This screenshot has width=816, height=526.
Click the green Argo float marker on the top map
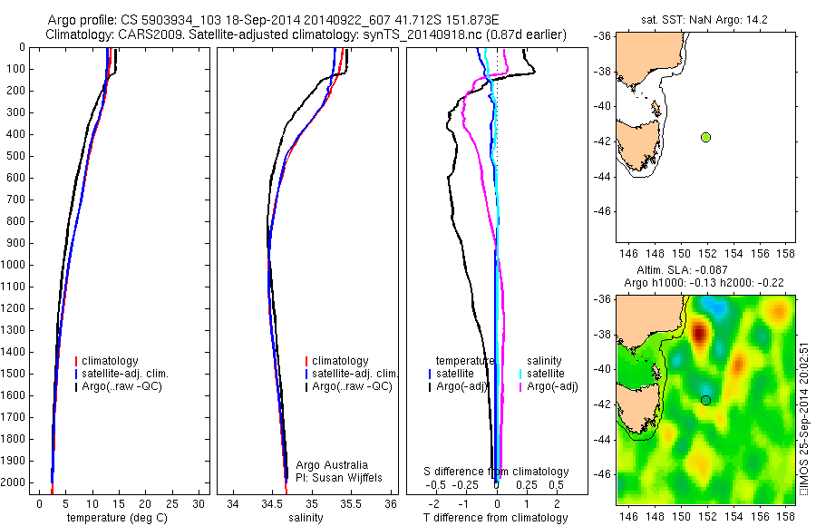point(705,137)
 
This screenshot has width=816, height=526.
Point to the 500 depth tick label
point(17,156)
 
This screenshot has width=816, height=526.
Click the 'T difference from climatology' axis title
point(495,518)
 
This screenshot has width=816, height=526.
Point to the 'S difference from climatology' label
point(497,472)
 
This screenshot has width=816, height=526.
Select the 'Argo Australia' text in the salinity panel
point(332,464)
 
